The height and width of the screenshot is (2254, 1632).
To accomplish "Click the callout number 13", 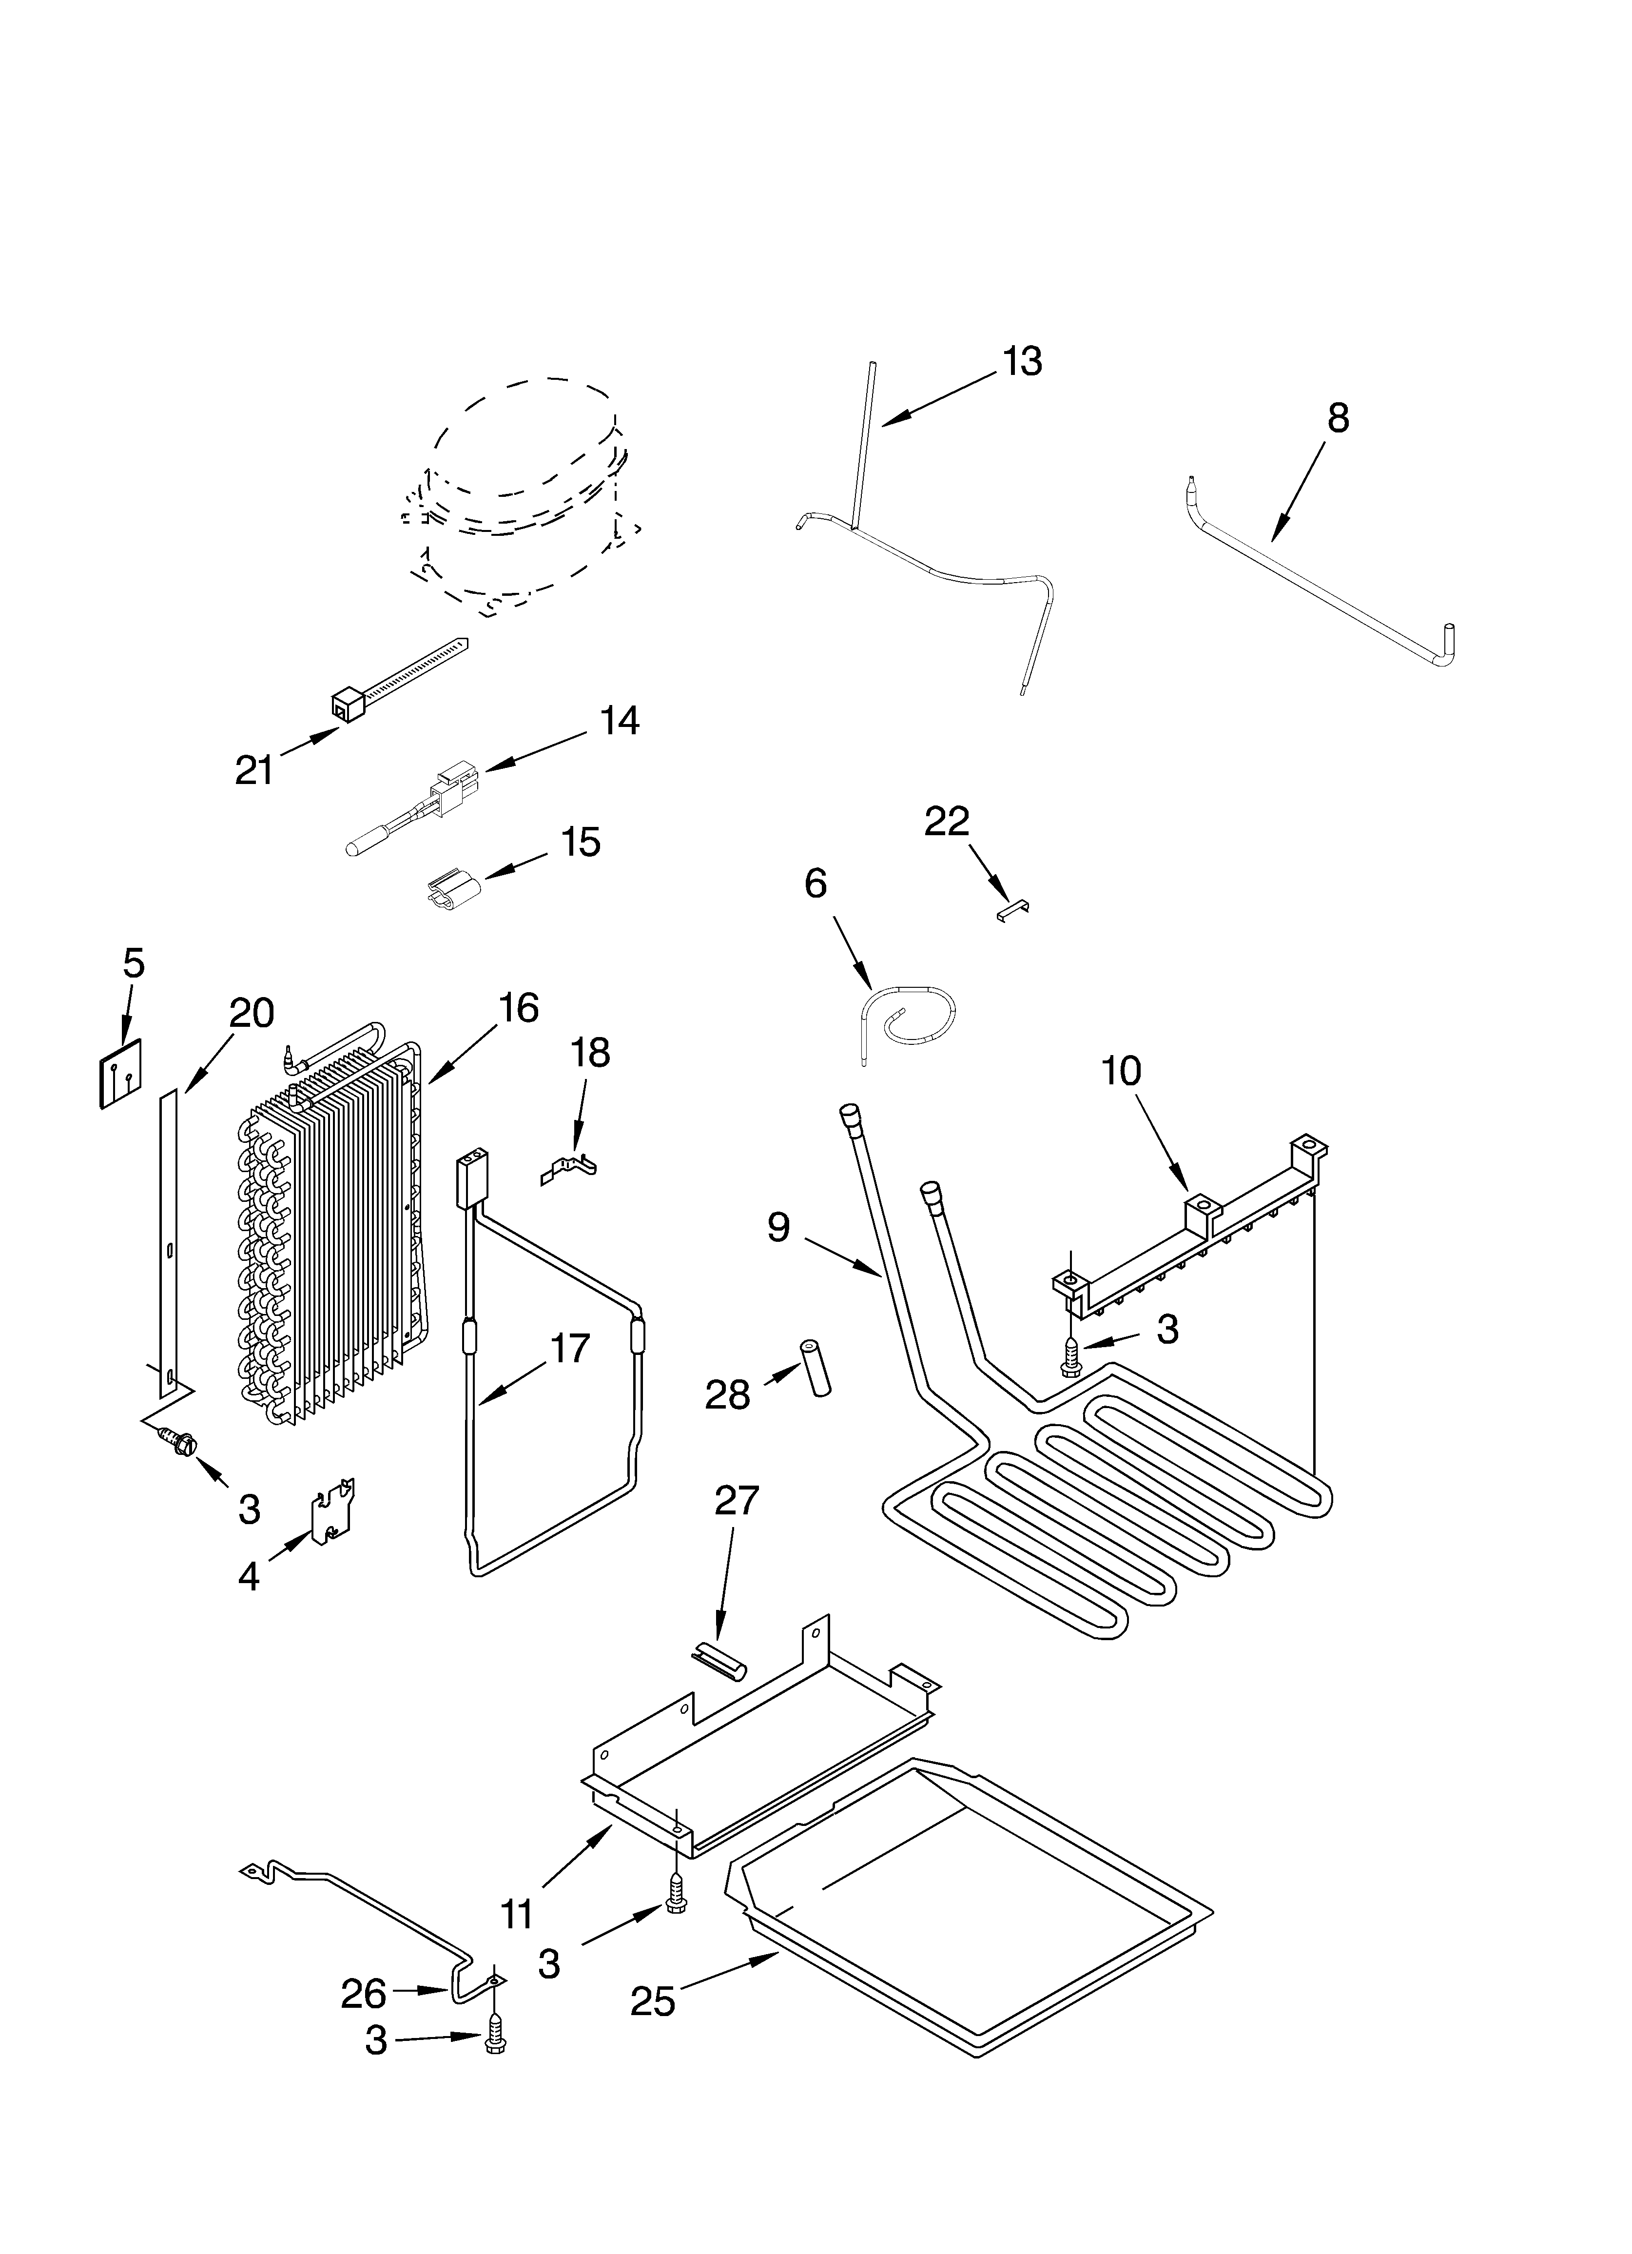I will [x=1022, y=362].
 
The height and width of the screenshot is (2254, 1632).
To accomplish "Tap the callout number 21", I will [x=254, y=770].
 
